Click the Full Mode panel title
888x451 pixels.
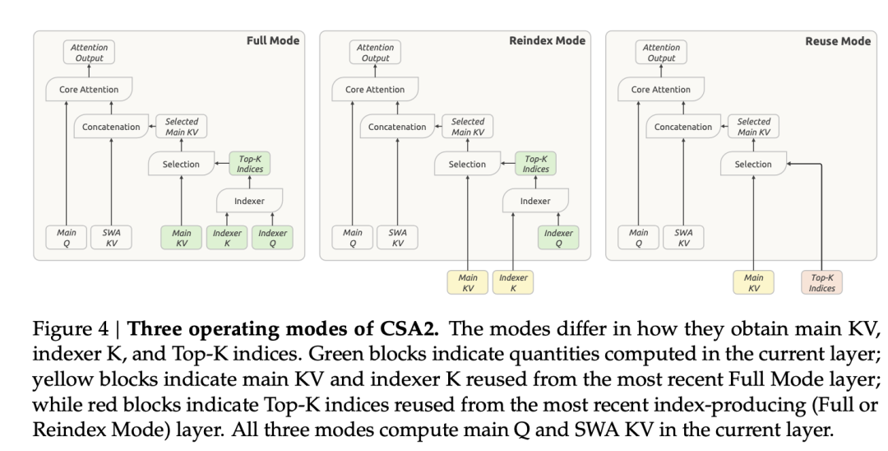point(272,41)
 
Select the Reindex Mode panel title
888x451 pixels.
point(547,41)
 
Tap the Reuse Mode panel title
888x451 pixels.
point(838,41)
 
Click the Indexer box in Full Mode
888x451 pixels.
point(249,201)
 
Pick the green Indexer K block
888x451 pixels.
point(227,237)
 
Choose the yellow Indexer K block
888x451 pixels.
point(513,282)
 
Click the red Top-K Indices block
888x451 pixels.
point(821,282)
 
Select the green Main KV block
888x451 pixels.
point(181,237)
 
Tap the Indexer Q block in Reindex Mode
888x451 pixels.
point(558,237)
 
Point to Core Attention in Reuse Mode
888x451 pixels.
point(661,89)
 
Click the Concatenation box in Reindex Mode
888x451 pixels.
point(397,127)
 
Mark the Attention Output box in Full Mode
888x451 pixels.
point(89,52)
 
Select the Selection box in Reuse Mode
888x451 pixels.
point(753,164)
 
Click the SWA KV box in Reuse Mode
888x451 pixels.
point(683,237)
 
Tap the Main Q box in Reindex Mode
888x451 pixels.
point(352,237)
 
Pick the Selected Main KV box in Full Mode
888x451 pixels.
point(181,127)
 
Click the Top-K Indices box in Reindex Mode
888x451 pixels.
point(536,164)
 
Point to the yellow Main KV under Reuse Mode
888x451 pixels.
point(753,282)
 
